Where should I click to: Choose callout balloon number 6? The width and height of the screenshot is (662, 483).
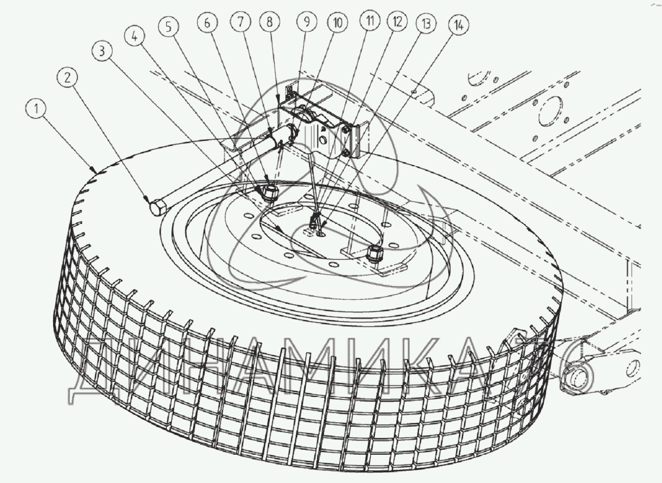click(x=207, y=24)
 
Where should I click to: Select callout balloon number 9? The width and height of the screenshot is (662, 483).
click(x=307, y=23)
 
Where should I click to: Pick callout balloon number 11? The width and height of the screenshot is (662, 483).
click(x=369, y=23)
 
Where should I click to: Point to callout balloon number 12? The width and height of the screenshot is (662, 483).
click(x=396, y=23)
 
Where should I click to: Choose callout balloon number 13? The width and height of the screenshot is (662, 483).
click(x=424, y=24)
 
